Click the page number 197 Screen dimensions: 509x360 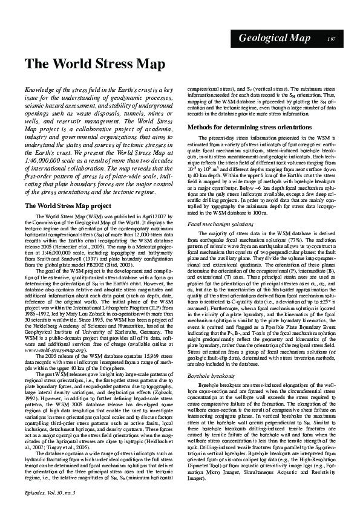(331, 39)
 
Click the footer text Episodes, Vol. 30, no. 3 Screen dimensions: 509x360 (51, 493)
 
